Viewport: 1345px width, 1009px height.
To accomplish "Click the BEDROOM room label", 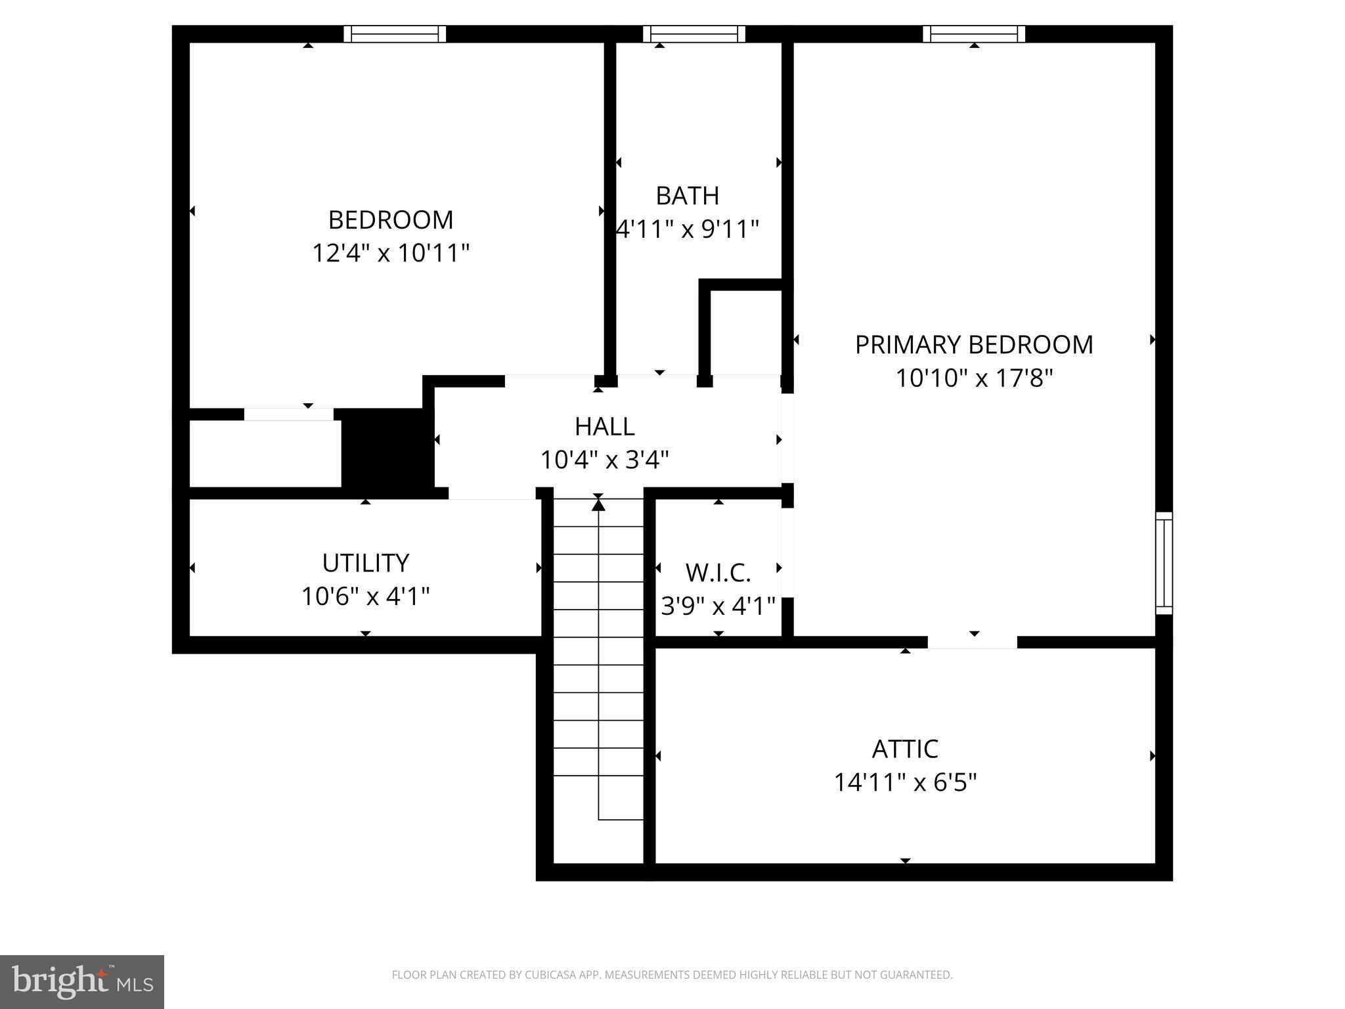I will point(391,220).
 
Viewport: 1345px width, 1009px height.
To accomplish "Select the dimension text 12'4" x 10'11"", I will point(391,253).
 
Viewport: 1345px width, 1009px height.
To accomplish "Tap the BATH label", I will point(687,196).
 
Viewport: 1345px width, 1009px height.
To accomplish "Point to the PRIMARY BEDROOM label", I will point(974,345).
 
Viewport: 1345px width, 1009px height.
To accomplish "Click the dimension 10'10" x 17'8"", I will point(974,378).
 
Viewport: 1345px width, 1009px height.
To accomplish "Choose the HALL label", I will point(604,427).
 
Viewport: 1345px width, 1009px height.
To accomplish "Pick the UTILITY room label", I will point(365,563).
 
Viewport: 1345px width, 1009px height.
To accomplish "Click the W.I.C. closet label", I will point(718,573).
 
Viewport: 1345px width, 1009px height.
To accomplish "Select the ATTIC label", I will point(905,749).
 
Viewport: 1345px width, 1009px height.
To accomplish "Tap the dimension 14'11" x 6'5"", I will point(905,782).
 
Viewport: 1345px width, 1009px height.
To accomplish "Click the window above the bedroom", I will point(395,34).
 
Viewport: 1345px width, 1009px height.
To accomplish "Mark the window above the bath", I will point(694,34).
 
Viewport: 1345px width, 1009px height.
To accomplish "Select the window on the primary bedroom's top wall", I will point(974,34).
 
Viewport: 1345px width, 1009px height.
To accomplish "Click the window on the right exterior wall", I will point(1164,563).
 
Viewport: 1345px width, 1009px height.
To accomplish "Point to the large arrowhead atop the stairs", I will point(598,504).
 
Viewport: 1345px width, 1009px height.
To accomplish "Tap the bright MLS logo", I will point(82,981).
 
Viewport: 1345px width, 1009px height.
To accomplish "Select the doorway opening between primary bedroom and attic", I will point(973,642).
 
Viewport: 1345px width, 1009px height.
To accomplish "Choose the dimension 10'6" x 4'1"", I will point(365,596).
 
